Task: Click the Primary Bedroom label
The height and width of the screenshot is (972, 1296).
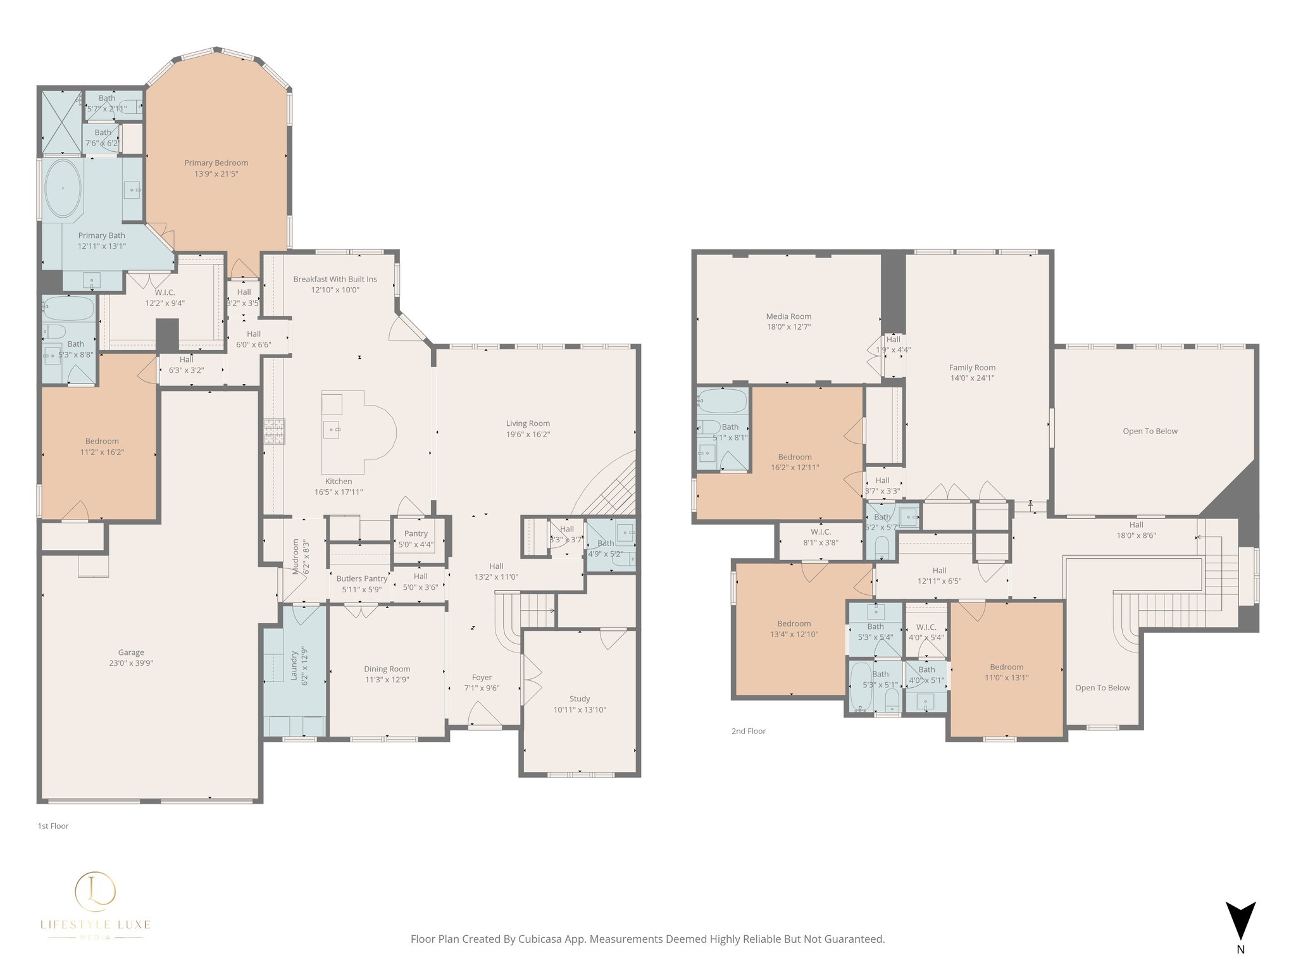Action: click(216, 163)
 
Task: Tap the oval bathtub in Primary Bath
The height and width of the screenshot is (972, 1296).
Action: click(62, 189)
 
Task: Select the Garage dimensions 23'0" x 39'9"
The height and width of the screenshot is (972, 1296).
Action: click(131, 663)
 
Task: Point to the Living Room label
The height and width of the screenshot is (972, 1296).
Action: click(528, 423)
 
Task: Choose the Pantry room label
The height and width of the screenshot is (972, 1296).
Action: click(416, 533)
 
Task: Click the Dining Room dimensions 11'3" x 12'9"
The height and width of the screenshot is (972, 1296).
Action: click(387, 680)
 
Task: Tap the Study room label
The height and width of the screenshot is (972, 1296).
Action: click(580, 699)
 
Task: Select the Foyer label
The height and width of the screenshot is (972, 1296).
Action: click(482, 677)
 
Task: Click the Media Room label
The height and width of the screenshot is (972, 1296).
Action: click(788, 316)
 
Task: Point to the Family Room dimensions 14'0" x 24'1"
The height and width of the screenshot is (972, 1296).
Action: click(972, 378)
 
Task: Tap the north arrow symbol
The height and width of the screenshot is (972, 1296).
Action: click(1240, 921)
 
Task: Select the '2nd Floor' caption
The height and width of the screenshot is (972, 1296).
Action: click(748, 731)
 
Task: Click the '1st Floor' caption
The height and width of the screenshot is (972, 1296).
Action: click(53, 826)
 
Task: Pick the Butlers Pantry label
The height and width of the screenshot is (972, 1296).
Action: click(362, 578)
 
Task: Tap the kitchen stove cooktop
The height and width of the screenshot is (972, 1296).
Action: click(275, 431)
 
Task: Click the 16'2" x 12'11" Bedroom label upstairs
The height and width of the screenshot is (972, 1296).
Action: click(795, 457)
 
